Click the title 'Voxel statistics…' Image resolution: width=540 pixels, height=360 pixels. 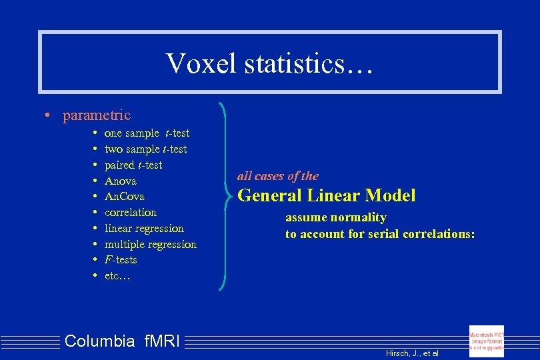click(x=270, y=63)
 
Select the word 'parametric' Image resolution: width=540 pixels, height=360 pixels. click(x=97, y=115)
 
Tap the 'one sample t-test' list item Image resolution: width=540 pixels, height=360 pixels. click(x=147, y=133)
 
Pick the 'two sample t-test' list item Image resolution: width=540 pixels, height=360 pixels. click(x=145, y=149)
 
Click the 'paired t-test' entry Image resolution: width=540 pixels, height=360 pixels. click(x=133, y=165)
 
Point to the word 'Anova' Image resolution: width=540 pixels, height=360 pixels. click(x=121, y=181)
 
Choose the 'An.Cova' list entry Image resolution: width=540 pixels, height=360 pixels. click(x=125, y=197)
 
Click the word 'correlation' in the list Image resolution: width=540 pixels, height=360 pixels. click(x=131, y=213)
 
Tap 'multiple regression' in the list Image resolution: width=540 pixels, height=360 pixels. click(x=151, y=245)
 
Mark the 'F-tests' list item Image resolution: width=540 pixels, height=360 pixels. click(x=121, y=260)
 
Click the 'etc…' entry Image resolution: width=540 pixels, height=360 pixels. click(x=117, y=276)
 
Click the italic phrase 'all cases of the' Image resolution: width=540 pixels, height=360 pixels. click(x=278, y=177)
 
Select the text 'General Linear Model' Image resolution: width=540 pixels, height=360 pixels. click(x=327, y=196)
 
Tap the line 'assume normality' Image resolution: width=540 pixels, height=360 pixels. click(x=336, y=218)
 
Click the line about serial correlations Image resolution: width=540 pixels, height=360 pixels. click(x=380, y=234)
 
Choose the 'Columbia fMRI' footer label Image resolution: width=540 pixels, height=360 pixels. click(x=122, y=341)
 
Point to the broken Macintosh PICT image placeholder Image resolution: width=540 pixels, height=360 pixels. click(x=487, y=341)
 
